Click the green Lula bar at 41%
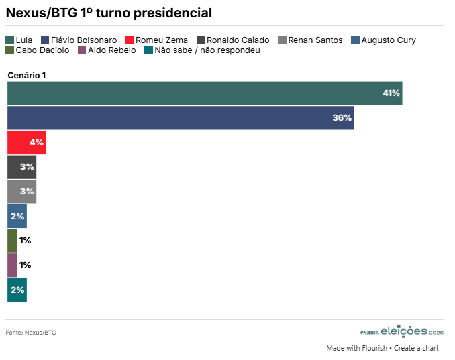coord(205,93)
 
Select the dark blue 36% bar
coord(181,118)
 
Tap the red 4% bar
coord(27,142)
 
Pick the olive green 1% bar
coord(12,241)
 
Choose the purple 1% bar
coord(12,265)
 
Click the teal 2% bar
coord(17,290)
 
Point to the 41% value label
coord(391,93)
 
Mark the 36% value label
coord(342,118)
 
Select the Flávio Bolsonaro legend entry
coord(79,40)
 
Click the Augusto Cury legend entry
coord(383,40)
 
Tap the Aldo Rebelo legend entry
coord(107,50)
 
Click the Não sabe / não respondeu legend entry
coord(201,50)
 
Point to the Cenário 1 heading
coord(27,76)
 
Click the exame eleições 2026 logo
coord(402,331)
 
